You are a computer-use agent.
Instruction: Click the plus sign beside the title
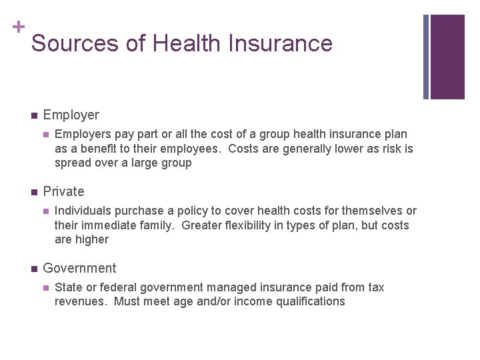(x=18, y=27)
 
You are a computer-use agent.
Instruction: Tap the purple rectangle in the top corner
(x=447, y=57)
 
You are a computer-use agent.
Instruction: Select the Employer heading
(x=71, y=115)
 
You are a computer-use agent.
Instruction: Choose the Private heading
(x=63, y=191)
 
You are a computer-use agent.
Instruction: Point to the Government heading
(x=79, y=268)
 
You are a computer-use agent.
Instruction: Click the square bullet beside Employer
(x=33, y=115)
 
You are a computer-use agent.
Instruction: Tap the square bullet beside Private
(x=33, y=192)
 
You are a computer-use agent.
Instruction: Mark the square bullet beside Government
(x=33, y=269)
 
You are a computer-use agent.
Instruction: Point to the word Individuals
(x=83, y=211)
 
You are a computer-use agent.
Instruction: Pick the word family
(x=155, y=225)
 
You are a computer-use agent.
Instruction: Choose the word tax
(x=376, y=287)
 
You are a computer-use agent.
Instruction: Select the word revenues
(x=81, y=301)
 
